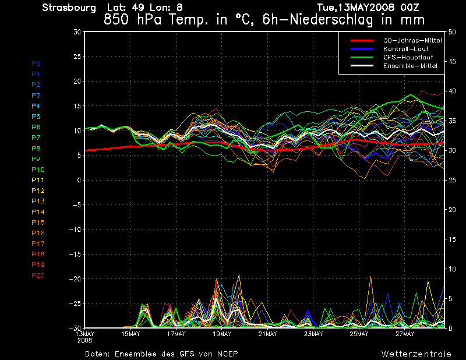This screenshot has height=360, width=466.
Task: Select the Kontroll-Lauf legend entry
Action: click(x=406, y=49)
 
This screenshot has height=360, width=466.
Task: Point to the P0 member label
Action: click(x=36, y=63)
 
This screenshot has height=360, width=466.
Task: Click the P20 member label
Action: click(x=38, y=276)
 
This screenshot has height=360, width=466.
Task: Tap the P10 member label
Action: click(x=38, y=170)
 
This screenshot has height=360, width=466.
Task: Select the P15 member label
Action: click(x=38, y=223)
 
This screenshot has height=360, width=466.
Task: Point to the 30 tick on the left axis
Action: click(x=77, y=32)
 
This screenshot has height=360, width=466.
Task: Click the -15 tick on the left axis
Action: click(x=75, y=255)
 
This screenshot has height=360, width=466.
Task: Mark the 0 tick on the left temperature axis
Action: click(x=79, y=180)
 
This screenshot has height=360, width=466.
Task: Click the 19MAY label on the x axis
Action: click(x=222, y=334)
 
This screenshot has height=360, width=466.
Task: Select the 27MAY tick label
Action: click(x=405, y=334)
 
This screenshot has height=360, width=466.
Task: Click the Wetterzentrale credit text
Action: click(x=416, y=354)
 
